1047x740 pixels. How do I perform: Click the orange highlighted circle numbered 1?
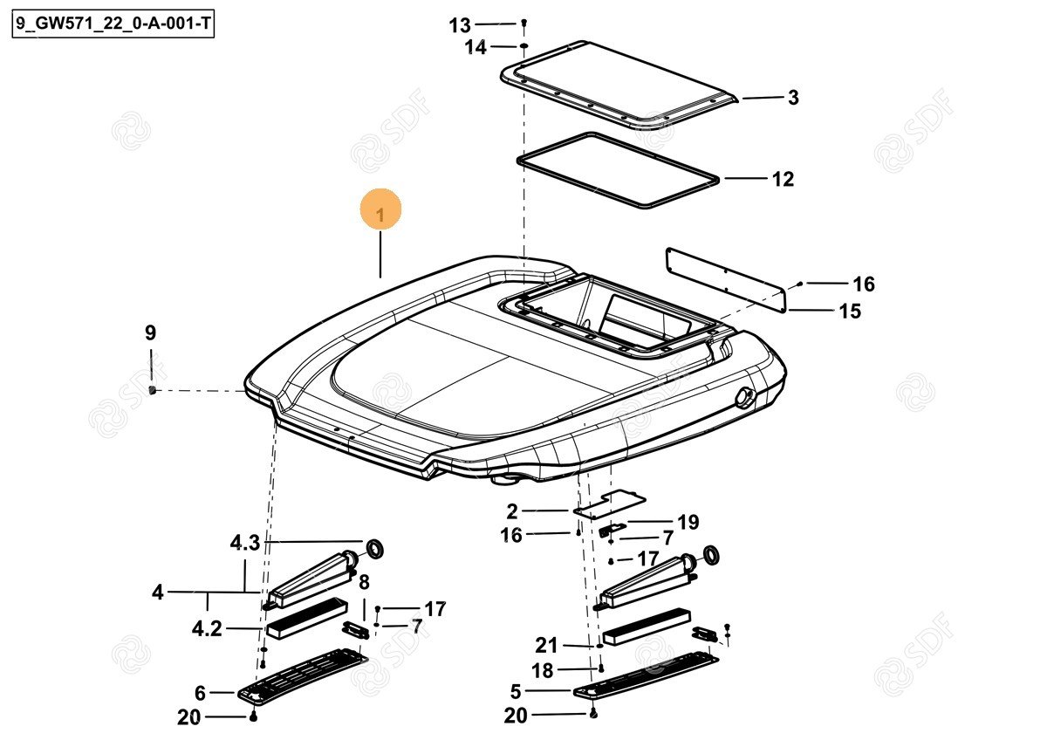pos(380,209)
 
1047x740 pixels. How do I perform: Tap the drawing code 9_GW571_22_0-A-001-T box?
pos(113,24)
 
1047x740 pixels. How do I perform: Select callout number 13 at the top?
pos(460,25)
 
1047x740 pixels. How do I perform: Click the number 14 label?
pos(475,47)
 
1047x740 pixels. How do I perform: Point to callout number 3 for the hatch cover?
pos(793,98)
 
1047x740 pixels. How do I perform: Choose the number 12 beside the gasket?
pos(783,179)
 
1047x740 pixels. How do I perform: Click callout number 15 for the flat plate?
pos(850,312)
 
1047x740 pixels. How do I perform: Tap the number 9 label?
pos(150,333)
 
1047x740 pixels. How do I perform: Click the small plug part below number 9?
pos(152,389)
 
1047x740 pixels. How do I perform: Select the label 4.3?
pos(245,543)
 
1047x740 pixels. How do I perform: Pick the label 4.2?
pos(207,629)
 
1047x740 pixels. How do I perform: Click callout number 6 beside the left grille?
pos(200,693)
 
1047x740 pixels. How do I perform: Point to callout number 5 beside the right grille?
pos(515,691)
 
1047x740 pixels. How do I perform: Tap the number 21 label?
pos(546,646)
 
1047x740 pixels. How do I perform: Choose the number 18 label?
pos(543,671)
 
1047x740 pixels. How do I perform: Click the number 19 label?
pos(688,522)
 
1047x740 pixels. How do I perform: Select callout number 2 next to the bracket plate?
pos(512,512)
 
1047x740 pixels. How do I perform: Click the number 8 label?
pos(364,582)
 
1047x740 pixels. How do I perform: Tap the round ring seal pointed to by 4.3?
pos(374,549)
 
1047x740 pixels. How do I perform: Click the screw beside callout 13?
pos(524,23)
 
